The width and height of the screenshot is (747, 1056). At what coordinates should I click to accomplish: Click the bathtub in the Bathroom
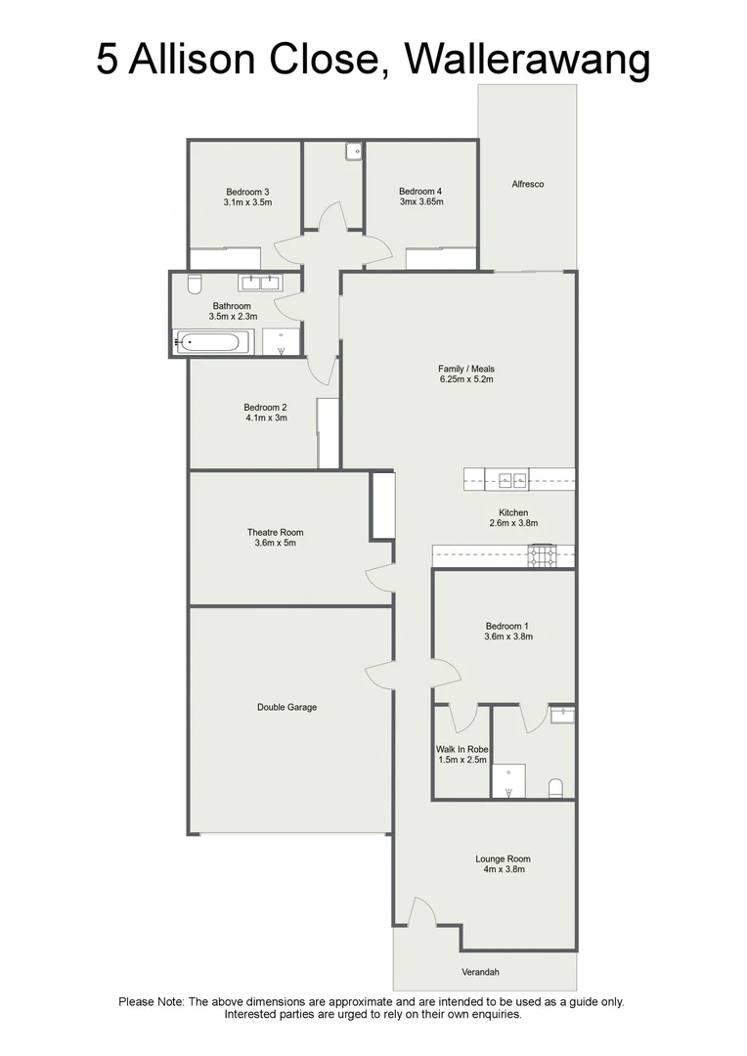pos(212,343)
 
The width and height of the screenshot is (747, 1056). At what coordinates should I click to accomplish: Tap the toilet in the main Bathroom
pos(194,284)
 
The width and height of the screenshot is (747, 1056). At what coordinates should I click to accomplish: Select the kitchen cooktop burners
pos(543,556)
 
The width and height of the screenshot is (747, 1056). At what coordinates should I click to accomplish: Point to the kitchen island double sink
pos(512,479)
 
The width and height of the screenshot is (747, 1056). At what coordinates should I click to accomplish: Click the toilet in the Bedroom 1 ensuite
pos(555,787)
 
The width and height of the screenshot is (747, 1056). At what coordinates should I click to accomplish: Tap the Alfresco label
pos(527,184)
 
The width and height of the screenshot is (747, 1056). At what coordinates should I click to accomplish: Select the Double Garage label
pos(286,707)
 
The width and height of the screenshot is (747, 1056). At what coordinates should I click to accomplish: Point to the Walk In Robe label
pos(461,750)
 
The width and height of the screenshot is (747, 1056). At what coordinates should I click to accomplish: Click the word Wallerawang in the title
pos(527,60)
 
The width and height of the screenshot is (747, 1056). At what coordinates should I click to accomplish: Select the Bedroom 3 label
pos(247,192)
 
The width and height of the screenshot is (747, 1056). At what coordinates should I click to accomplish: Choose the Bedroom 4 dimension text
pos(420,202)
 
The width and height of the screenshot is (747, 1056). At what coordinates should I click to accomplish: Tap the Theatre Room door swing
pos(379,579)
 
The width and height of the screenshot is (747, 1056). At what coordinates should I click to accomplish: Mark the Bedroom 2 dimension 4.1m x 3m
pos(265,418)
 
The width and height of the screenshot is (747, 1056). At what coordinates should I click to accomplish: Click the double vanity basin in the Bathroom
pos(260,284)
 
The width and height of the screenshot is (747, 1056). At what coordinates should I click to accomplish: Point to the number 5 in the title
pos(108,60)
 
